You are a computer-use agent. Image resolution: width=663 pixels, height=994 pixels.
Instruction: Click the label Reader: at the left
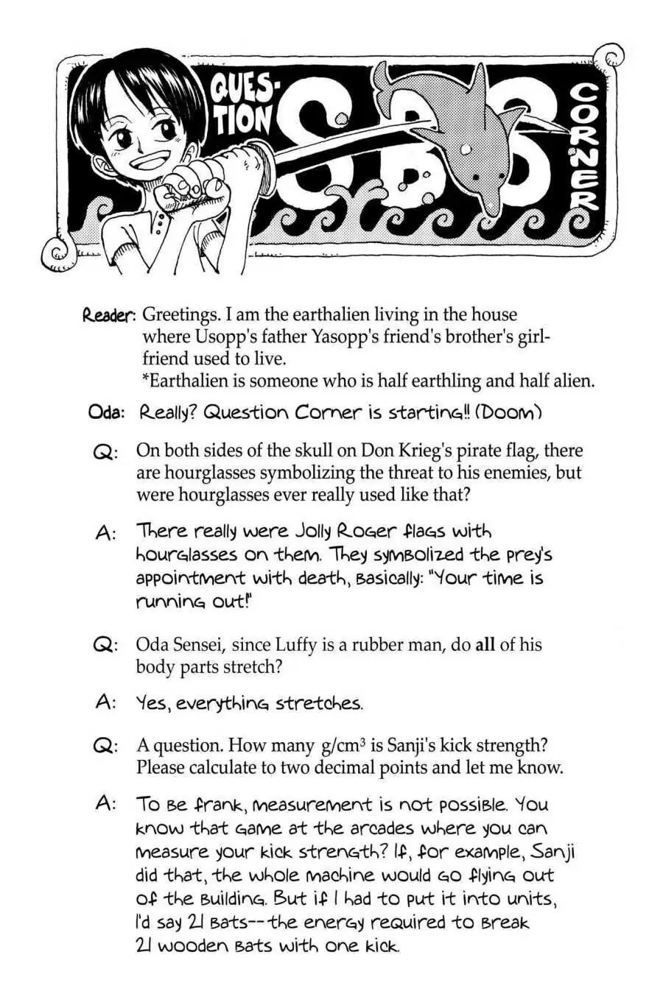(x=108, y=315)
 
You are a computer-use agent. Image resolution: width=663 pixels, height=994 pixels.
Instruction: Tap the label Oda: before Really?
(x=105, y=412)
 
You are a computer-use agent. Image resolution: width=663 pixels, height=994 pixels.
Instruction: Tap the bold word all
(x=485, y=645)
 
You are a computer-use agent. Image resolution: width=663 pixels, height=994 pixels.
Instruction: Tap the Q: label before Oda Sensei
(x=105, y=646)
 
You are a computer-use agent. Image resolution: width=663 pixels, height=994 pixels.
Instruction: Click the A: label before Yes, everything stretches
(x=105, y=702)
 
